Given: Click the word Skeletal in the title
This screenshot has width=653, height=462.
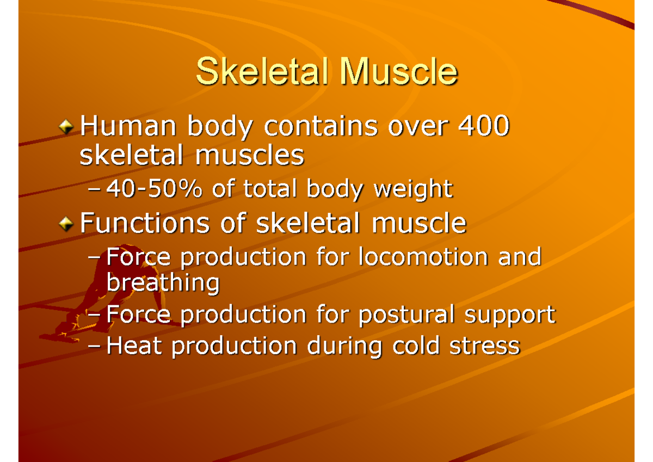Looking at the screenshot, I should pyautogui.click(x=262, y=72).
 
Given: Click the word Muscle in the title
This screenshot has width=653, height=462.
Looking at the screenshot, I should pyautogui.click(x=397, y=72).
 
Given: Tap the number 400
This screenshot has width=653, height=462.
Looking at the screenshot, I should pyautogui.click(x=483, y=127).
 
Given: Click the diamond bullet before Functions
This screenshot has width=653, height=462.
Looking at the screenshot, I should pyautogui.click(x=66, y=224).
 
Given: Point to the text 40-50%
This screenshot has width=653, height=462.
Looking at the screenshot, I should pyautogui.click(x=153, y=189).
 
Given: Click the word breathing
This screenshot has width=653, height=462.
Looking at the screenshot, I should pyautogui.click(x=163, y=282).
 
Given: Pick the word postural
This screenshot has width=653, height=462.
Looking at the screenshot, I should pyautogui.click(x=406, y=315).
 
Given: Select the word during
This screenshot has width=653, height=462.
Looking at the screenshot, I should pyautogui.click(x=336, y=347).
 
